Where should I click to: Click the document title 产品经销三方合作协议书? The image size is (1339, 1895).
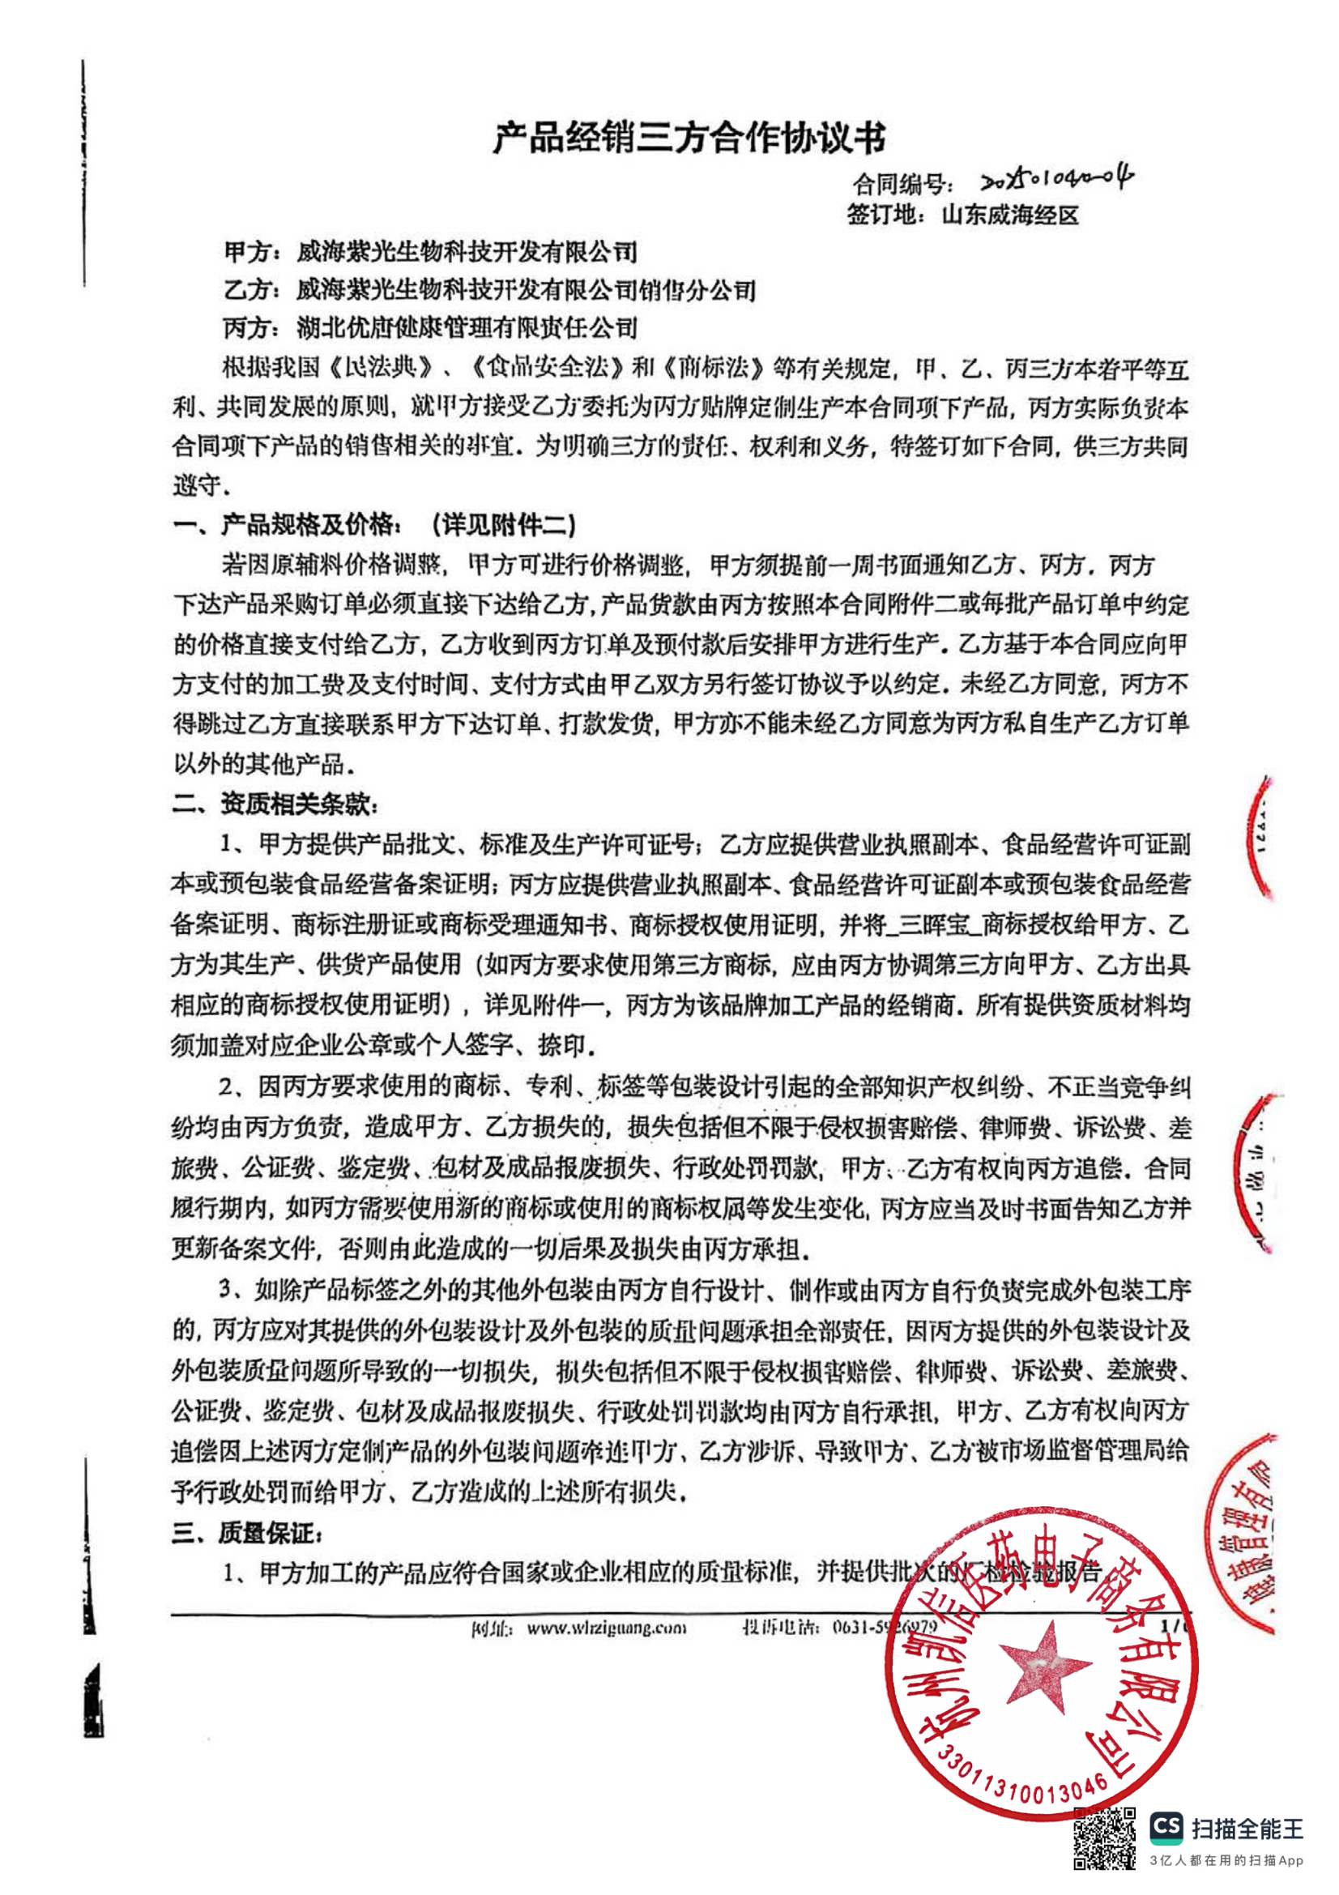click(689, 138)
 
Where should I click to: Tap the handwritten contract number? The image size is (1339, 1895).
click(1057, 179)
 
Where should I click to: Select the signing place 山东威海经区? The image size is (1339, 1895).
click(1010, 216)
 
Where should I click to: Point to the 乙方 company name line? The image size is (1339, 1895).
click(526, 290)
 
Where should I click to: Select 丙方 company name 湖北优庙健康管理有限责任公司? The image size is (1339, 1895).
click(467, 327)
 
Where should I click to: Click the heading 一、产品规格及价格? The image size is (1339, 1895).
click(287, 524)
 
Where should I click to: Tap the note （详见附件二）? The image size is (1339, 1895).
click(503, 524)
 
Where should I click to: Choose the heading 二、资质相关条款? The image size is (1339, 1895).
click(275, 804)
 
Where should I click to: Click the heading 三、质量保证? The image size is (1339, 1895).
click(247, 1534)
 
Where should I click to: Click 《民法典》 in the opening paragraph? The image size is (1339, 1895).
click(382, 367)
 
